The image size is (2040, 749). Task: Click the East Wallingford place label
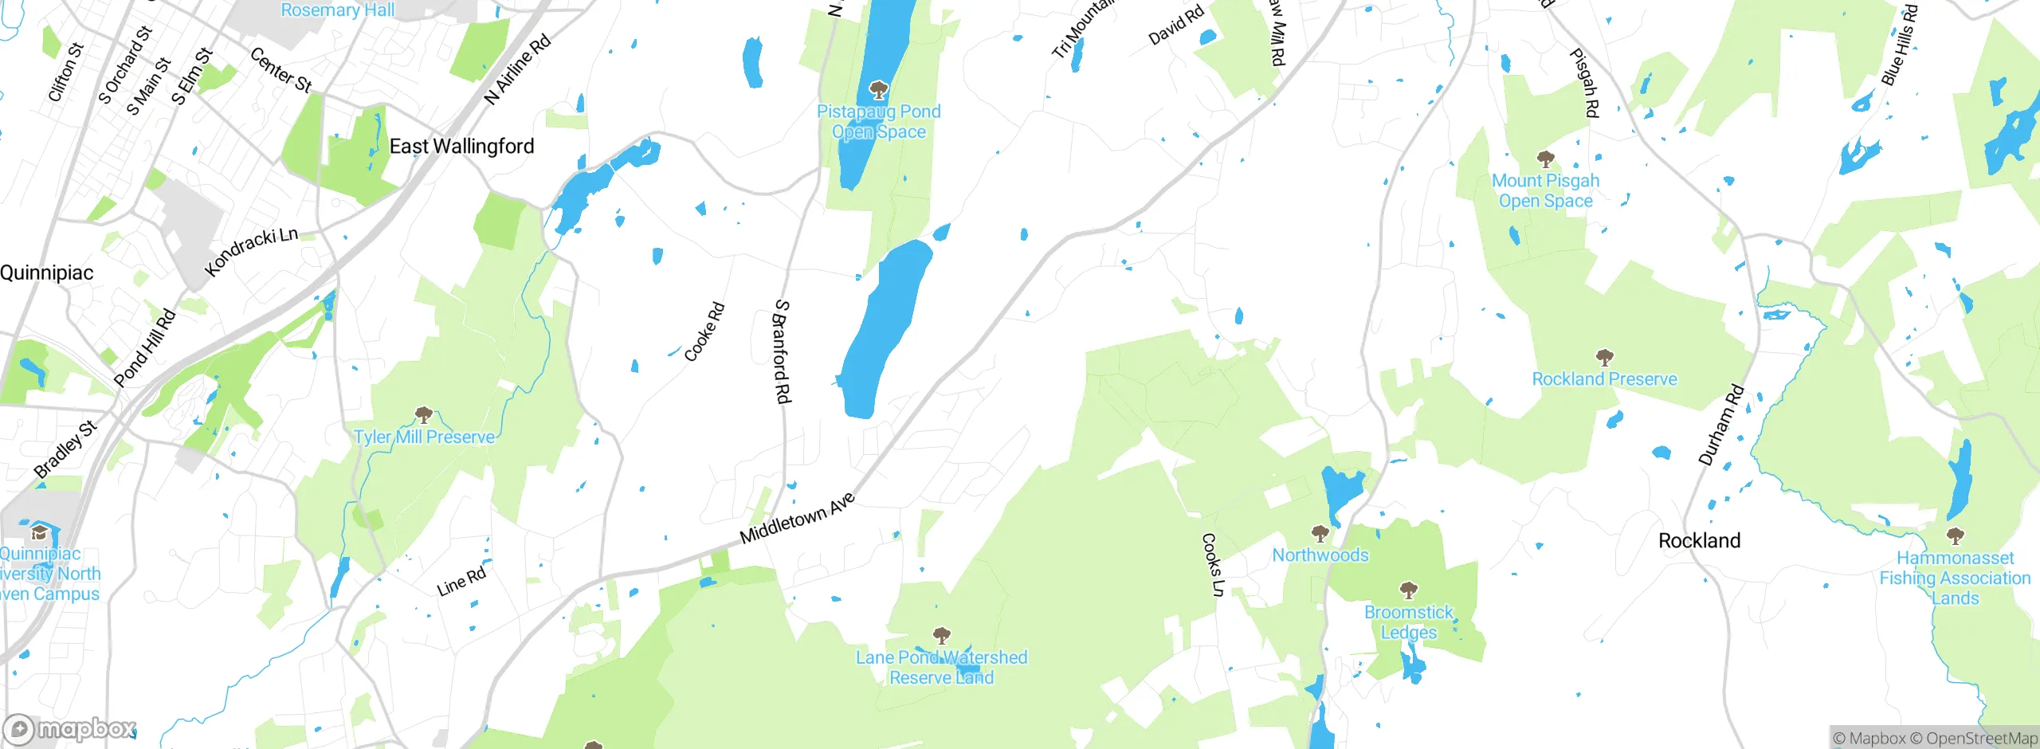coord(461,147)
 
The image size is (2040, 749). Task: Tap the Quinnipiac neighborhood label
coord(47,273)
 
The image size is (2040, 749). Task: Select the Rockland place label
coord(1699,540)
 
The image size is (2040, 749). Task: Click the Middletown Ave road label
coord(797,519)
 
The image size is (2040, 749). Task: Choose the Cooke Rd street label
coord(704,331)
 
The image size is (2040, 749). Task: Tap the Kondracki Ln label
coord(251,251)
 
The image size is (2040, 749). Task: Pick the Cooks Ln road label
coord(1212,564)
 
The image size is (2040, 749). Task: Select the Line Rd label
coord(461,582)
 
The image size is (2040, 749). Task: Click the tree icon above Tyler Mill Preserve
coord(424,414)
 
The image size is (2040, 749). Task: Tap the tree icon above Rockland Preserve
coord(1604,357)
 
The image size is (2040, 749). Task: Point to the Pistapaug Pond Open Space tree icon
coord(878,88)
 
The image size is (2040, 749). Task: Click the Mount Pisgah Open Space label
coord(1545,191)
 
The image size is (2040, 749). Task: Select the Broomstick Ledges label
coord(1408,622)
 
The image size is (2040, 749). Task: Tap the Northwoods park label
coord(1320,555)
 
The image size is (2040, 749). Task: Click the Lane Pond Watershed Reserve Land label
coord(941,668)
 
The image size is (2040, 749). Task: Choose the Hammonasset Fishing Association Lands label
coord(1955,578)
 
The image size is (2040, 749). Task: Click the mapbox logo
coord(70,728)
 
